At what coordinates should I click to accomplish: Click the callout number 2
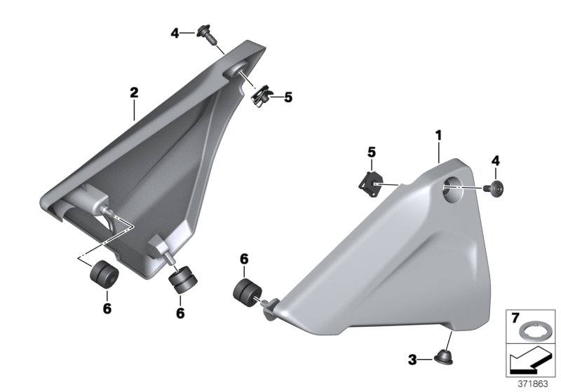(134, 92)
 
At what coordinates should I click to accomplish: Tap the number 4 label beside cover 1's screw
(495, 161)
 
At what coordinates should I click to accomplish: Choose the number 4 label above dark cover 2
(175, 32)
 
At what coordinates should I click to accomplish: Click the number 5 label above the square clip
(372, 152)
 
